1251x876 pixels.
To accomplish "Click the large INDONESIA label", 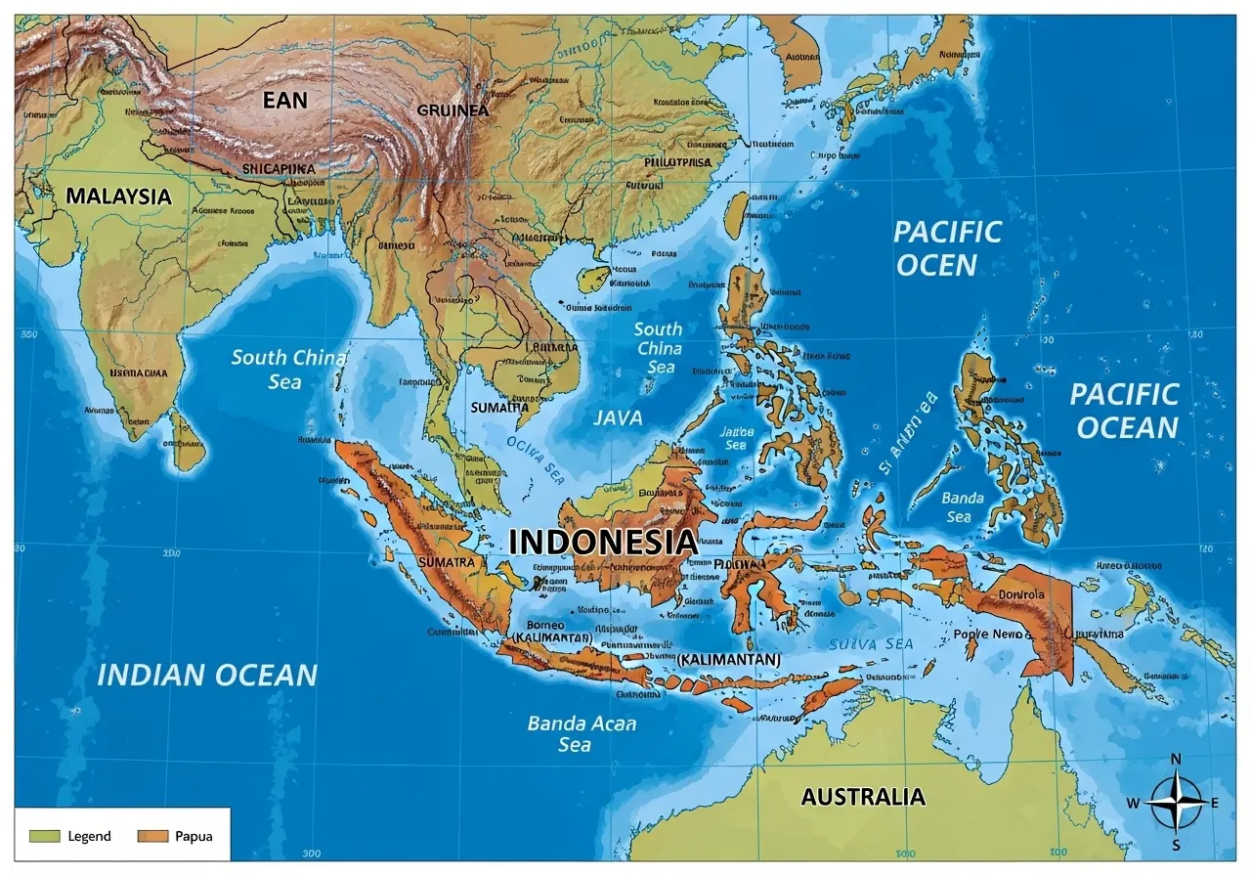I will pyautogui.click(x=603, y=542).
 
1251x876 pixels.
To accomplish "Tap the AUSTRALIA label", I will pyautogui.click(x=862, y=797).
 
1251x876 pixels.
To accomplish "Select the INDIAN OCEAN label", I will pyautogui.click(x=207, y=675).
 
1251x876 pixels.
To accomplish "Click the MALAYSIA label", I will pyautogui.click(x=118, y=196).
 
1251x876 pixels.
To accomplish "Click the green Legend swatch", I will pyautogui.click(x=45, y=836).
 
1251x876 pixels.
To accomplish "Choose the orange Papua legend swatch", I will pyautogui.click(x=152, y=836).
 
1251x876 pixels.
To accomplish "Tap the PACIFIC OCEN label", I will pyautogui.click(x=946, y=248).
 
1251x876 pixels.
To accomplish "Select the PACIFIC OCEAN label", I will pyautogui.click(x=1124, y=411).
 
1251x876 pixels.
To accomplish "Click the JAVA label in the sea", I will pyautogui.click(x=618, y=418).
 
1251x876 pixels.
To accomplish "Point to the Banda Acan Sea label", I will pyautogui.click(x=581, y=733).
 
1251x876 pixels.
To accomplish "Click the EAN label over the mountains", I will pyautogui.click(x=284, y=100).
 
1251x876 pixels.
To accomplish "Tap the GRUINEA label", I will pyautogui.click(x=452, y=110).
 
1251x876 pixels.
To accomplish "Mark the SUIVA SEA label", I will pyautogui.click(x=870, y=644).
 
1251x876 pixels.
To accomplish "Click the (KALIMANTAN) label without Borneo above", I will pyautogui.click(x=728, y=660).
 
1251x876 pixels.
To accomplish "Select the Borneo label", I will pyautogui.click(x=545, y=625).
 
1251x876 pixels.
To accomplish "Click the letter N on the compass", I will pyautogui.click(x=1176, y=761).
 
